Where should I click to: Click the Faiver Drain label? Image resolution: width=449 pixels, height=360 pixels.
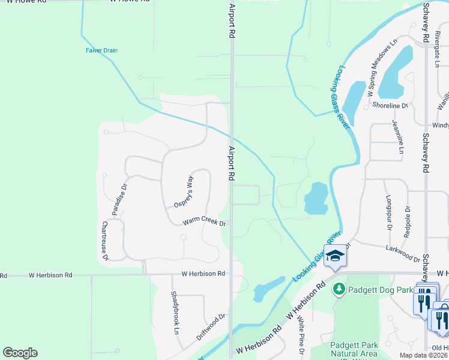(x=101, y=50)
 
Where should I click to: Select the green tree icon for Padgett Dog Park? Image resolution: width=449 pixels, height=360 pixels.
(x=338, y=290)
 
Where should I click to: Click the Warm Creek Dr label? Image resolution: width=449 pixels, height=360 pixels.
(x=204, y=222)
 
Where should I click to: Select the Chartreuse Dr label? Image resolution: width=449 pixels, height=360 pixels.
(x=104, y=241)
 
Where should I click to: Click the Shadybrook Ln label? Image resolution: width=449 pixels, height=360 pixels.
(x=175, y=312)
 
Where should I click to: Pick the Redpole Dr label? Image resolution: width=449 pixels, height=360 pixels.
(x=407, y=222)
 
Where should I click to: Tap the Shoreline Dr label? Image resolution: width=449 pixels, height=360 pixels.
(x=390, y=106)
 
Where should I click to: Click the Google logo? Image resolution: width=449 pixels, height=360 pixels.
(x=20, y=353)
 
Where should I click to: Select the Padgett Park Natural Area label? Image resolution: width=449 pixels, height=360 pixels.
(x=354, y=350)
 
